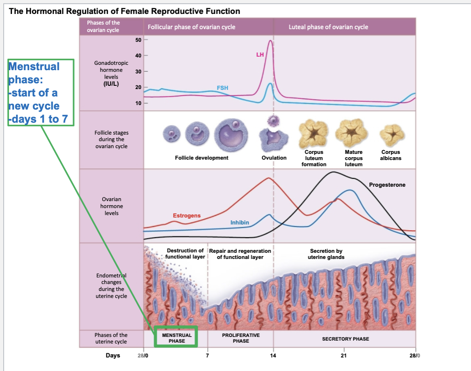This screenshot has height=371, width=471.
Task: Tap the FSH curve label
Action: coord(222,88)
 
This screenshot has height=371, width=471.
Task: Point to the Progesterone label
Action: coord(387,185)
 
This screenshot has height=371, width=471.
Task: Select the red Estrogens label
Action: coord(187,215)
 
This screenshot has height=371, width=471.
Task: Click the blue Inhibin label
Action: coord(240,222)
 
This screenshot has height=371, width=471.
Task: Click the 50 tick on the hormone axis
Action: coord(138,39)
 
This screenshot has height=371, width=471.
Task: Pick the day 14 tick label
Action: coord(273,355)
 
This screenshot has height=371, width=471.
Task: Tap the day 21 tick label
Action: coord(343,355)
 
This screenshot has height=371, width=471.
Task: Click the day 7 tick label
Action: coord(207,355)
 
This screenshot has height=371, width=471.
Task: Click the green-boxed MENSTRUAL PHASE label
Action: coord(177,338)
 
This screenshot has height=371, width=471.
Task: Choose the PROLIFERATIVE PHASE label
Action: coord(241,338)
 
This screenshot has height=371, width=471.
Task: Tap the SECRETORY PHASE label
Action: coord(345,339)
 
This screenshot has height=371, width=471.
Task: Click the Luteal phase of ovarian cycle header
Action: coord(328,27)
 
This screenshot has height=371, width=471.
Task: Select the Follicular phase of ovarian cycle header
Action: coord(191,27)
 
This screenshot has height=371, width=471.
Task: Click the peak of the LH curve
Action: coord(270,41)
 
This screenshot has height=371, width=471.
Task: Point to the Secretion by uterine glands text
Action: coord(326,254)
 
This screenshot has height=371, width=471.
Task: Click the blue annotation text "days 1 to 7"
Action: coord(40,119)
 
